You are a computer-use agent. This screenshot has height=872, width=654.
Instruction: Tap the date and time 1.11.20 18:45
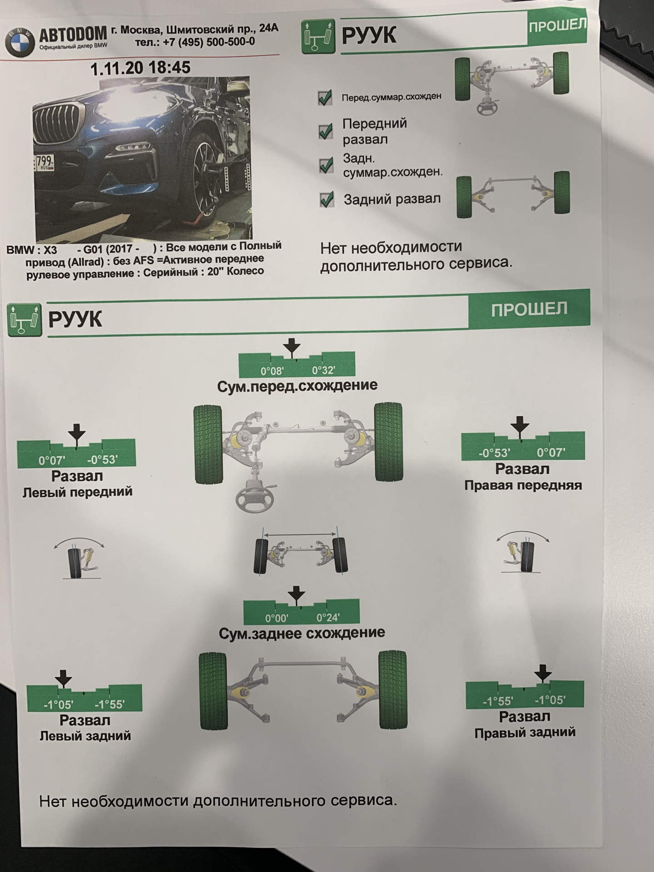(140, 68)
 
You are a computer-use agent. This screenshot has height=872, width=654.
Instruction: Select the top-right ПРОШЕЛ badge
(557, 26)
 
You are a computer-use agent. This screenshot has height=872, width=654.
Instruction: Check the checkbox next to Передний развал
(326, 132)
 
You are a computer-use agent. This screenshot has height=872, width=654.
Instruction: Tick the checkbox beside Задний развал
(327, 199)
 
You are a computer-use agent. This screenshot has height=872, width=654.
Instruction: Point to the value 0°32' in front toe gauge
(323, 371)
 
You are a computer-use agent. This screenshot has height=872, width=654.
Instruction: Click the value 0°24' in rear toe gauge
(328, 618)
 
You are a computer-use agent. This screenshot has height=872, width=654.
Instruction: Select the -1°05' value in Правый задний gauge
(550, 700)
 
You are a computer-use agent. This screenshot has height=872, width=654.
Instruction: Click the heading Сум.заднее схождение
(302, 633)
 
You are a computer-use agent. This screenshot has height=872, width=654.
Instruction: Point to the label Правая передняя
(523, 485)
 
